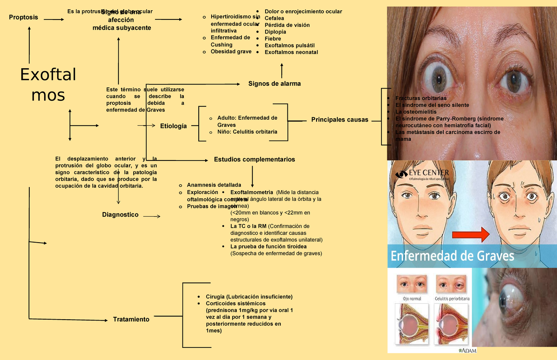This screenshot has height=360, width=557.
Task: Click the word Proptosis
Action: [23, 18]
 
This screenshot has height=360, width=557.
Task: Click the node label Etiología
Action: [173, 126]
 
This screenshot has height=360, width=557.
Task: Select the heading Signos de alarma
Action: [274, 84]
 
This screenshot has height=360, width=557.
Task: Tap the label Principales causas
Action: [339, 120]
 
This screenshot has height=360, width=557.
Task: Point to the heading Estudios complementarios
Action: [254, 160]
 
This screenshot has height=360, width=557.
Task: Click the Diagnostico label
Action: [120, 215]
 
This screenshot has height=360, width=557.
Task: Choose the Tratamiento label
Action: [131, 320]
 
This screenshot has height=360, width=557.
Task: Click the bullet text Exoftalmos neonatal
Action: [291, 52]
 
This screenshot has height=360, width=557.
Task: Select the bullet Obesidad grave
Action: [231, 51]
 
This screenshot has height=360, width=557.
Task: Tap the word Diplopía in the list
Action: [275, 32]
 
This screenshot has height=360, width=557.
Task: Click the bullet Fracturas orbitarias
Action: [421, 98]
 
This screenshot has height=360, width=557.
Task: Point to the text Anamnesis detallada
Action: [214, 185]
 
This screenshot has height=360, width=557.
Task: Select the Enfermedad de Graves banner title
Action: [453, 256]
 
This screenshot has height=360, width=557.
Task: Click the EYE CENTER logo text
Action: [429, 173]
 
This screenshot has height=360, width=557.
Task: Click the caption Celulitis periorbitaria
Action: [452, 298]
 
